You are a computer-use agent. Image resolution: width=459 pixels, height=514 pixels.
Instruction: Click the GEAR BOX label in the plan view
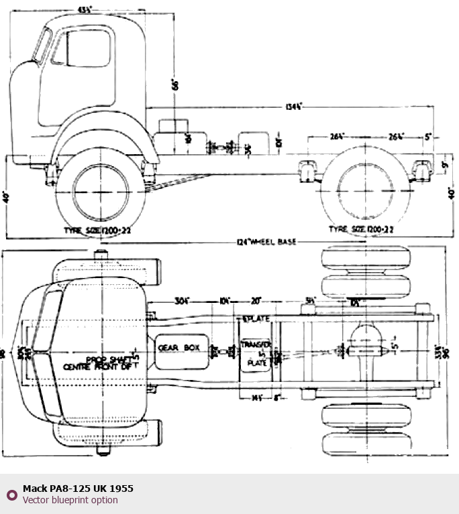(x=179, y=347)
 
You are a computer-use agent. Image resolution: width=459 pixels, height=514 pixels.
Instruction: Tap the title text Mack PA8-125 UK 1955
(x=78, y=489)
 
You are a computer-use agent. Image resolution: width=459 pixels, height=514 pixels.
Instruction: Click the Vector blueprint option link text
(x=70, y=500)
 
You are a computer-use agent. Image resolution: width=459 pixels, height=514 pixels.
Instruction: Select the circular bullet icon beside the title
(x=11, y=495)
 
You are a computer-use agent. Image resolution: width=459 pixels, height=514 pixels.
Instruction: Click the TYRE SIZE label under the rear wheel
(x=360, y=229)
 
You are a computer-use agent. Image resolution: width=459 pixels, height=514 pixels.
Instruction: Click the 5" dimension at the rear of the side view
(x=428, y=137)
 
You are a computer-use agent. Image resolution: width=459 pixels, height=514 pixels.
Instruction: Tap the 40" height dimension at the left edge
(x=7, y=198)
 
